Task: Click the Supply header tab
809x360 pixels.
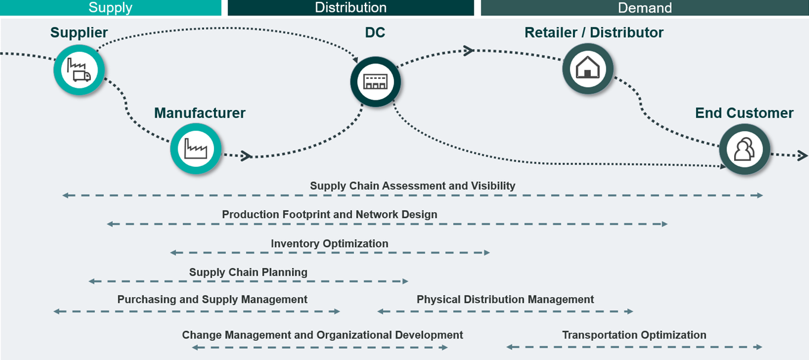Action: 111,8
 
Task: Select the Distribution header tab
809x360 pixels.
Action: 351,8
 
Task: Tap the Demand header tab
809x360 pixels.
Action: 644,8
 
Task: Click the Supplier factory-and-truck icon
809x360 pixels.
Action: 79,69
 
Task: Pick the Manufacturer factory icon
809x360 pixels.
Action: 196,149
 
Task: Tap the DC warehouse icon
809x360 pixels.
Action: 375,82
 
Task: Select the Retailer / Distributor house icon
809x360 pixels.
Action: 587,68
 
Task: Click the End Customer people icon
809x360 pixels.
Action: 744,149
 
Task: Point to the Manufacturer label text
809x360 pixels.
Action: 200,113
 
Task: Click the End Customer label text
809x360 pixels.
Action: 744,113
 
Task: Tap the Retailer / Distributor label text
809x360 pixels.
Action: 594,33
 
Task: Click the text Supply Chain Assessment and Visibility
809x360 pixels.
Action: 413,186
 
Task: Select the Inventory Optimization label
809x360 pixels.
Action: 329,244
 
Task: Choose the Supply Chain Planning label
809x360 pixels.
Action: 248,272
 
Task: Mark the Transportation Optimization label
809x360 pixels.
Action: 634,335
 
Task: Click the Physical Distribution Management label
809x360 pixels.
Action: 505,299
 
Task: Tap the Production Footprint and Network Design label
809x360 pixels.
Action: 329,214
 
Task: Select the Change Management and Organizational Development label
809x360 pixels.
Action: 322,335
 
